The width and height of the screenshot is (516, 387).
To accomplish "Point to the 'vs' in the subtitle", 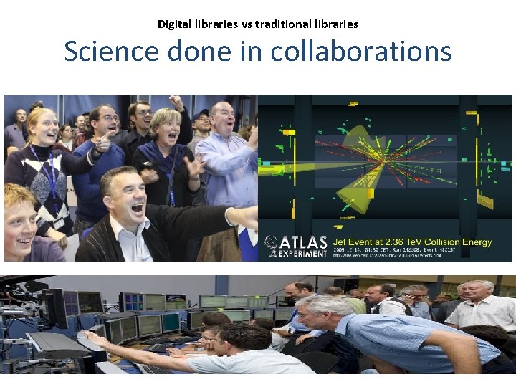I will coord(246,24).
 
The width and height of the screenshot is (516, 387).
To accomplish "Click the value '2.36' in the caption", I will coord(400,242).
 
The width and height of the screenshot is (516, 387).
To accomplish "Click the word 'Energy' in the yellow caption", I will coord(474,242).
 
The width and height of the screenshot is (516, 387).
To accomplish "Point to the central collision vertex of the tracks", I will coord(385,161).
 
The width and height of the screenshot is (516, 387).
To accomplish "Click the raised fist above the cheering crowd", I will coord(177,102).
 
